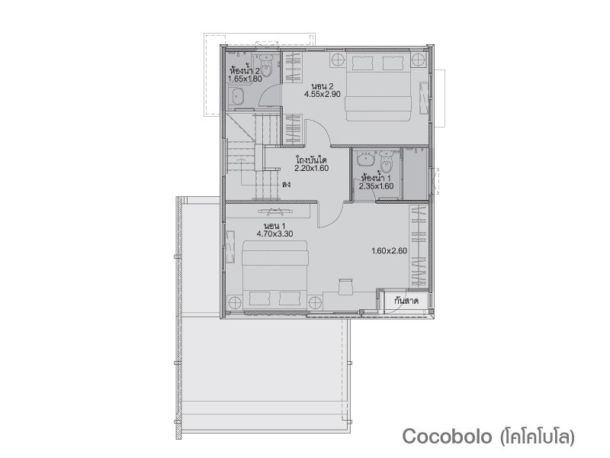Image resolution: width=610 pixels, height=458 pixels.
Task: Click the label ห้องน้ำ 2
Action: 245,71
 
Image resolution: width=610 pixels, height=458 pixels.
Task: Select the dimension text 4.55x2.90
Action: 323,94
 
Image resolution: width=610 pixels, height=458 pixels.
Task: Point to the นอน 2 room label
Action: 323,86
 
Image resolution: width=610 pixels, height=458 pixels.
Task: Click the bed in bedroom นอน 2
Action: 378,85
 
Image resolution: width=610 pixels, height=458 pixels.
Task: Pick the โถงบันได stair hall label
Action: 311,160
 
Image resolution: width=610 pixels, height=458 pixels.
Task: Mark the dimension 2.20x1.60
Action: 311,168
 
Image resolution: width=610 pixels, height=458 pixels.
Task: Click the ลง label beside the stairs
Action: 286,184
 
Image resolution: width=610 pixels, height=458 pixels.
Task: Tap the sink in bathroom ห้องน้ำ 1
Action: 365,159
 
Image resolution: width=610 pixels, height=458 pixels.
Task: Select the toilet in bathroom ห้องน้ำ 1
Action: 386,162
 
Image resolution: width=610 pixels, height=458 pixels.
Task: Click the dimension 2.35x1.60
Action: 376,186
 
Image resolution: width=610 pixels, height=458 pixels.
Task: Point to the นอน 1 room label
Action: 274,226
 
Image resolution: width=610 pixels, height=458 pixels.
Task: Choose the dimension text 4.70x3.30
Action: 274,234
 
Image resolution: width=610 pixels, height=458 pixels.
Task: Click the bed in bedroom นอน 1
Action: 275,276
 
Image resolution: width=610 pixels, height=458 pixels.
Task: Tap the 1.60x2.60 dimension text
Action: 389,251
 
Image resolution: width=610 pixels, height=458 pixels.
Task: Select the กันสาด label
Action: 406,301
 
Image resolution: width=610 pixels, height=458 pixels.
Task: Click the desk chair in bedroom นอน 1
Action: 345,286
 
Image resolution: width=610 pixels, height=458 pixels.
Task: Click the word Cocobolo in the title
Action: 447,436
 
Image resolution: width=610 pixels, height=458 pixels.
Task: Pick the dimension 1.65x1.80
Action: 245,79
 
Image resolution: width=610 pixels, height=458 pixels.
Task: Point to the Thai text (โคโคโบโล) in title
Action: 538,436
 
